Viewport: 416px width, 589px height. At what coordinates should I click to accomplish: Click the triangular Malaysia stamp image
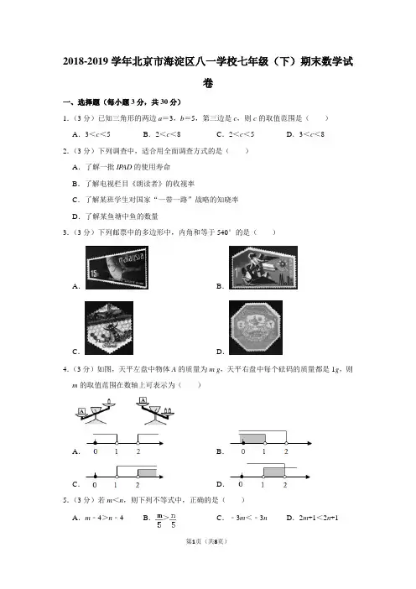(x=117, y=268)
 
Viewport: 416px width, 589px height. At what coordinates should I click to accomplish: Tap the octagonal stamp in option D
(x=256, y=327)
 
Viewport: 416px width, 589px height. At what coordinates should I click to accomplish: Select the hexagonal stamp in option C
(x=109, y=327)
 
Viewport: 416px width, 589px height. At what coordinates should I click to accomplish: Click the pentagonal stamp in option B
(x=263, y=268)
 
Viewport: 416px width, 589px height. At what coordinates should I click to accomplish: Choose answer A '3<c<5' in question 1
(x=97, y=134)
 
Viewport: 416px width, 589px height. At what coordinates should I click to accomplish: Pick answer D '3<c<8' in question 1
(x=312, y=134)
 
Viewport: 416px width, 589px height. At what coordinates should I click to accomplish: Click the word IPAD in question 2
(x=124, y=167)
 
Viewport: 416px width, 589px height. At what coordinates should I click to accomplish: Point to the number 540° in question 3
(x=223, y=232)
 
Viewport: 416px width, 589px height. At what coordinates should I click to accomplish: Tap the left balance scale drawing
(x=96, y=412)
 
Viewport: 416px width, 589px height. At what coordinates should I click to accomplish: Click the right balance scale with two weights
(x=155, y=411)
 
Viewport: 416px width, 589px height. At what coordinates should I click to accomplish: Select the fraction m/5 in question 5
(x=159, y=521)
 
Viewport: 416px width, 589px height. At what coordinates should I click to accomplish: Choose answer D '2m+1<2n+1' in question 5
(x=319, y=518)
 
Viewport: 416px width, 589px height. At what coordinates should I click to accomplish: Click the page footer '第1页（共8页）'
(x=207, y=541)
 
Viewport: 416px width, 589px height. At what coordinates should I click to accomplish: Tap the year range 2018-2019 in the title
(x=86, y=61)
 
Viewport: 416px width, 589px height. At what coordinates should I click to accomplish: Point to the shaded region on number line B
(x=252, y=438)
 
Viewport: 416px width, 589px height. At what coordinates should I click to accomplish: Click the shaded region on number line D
(x=273, y=472)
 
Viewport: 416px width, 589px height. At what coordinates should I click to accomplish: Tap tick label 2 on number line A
(x=138, y=451)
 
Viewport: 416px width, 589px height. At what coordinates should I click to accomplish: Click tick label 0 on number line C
(x=95, y=485)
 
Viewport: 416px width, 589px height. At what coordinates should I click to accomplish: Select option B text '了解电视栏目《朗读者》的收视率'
(x=140, y=184)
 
